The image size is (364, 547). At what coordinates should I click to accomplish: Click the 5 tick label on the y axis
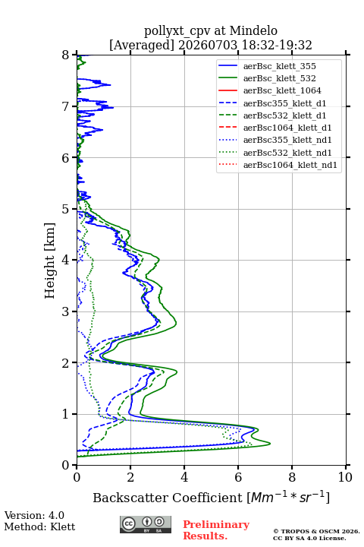(66, 210)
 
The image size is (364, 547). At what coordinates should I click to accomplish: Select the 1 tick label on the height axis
(66, 414)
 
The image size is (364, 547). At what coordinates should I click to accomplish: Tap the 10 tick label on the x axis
(345, 477)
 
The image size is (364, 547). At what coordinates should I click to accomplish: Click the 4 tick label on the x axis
(184, 477)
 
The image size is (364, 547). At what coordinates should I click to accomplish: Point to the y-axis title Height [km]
(49, 261)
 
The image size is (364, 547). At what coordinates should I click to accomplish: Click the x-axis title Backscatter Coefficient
(168, 498)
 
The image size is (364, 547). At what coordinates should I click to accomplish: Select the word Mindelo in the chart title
(253, 30)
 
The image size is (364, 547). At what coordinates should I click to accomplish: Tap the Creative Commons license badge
(146, 525)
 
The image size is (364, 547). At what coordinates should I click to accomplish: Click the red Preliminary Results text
(216, 530)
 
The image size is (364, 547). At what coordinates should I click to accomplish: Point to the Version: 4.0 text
(34, 515)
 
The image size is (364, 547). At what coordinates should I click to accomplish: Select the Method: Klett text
(39, 526)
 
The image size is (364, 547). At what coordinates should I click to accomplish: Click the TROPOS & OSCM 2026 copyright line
(316, 531)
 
